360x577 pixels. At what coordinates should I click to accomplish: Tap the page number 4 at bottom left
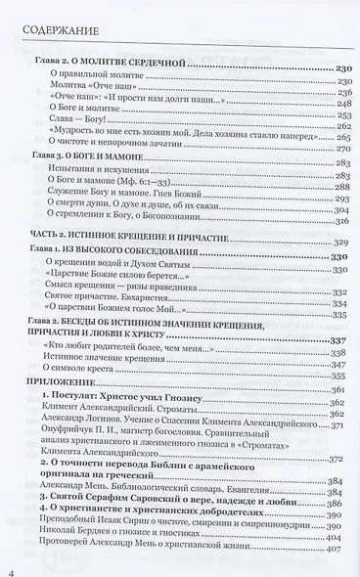(x=12, y=558)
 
